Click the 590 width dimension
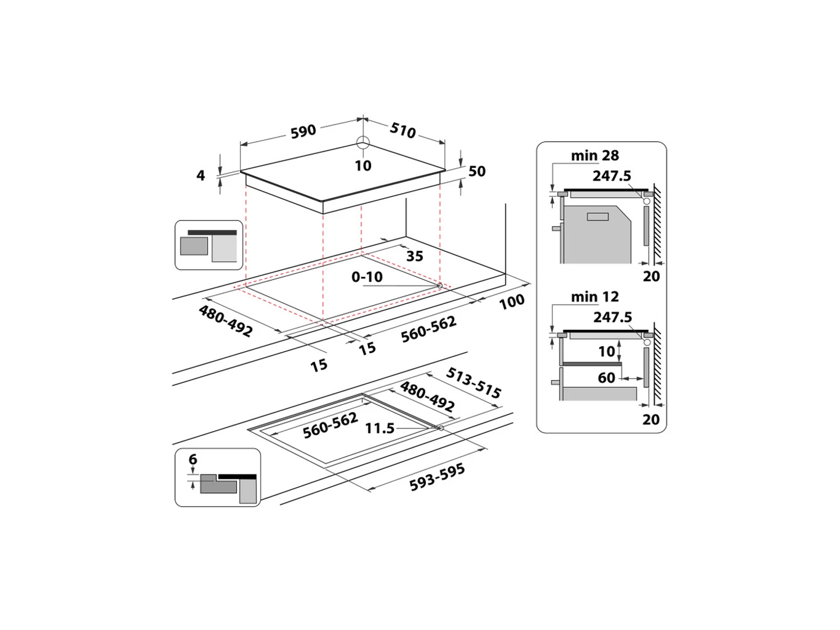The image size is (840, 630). [x=303, y=131]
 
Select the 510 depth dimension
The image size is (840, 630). [x=403, y=130]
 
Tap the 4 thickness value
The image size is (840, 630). [x=201, y=175]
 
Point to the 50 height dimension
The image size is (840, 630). [x=477, y=172]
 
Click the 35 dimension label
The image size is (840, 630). [x=415, y=256]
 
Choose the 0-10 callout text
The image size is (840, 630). [x=367, y=277]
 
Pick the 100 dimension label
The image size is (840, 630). [x=511, y=301]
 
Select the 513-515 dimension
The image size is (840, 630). [x=474, y=383]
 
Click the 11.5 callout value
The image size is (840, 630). [x=380, y=428]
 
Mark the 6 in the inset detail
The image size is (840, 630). [x=193, y=459]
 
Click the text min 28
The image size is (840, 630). [x=595, y=156]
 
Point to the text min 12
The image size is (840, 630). [x=595, y=297]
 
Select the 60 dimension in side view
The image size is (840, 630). [x=606, y=378]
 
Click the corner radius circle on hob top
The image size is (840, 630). [x=363, y=142]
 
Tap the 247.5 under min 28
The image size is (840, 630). [x=612, y=176]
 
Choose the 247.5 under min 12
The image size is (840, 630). [x=612, y=317]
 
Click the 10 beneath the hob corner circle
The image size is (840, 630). [x=363, y=166]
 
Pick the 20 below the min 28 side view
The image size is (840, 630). [x=651, y=276]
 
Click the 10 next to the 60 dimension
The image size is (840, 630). [x=606, y=351]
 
